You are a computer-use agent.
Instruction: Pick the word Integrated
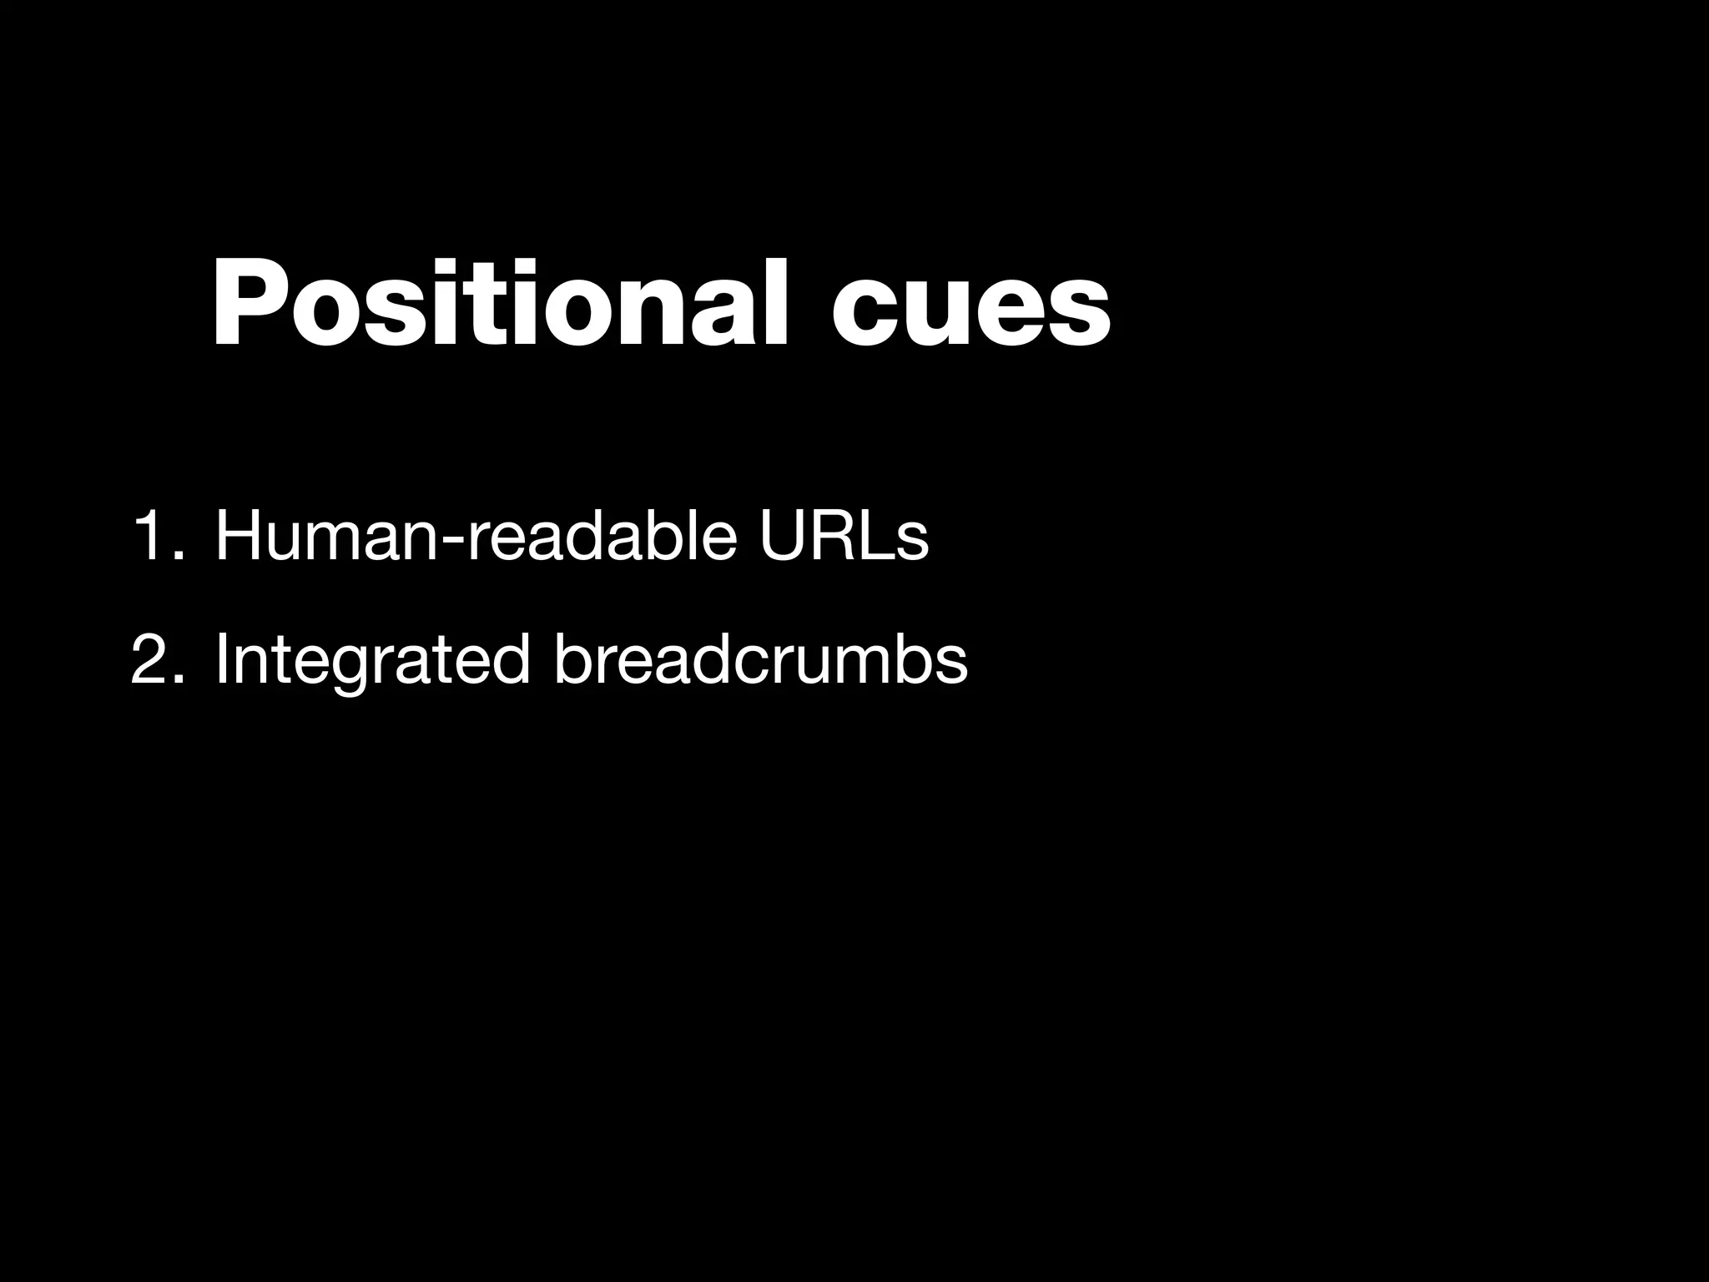pyautogui.click(x=372, y=659)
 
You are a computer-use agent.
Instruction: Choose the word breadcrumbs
pyautogui.click(x=759, y=659)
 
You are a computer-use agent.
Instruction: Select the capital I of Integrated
pyautogui.click(x=222, y=659)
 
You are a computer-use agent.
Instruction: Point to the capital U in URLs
pyautogui.click(x=784, y=538)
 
